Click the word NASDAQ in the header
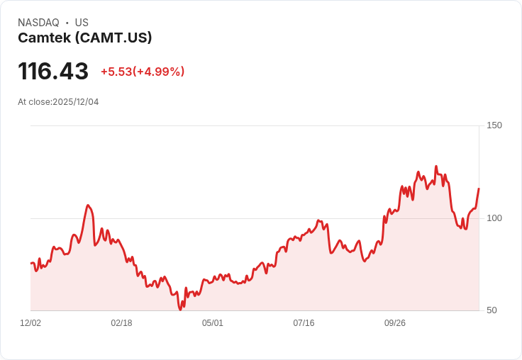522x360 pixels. [x=38, y=23]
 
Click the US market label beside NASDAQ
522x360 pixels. [x=82, y=23]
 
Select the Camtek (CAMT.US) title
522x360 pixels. [x=85, y=38]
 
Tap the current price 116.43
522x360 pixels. [x=53, y=72]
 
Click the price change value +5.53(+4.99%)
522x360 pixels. [x=143, y=72]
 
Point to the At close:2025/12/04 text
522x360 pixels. [x=58, y=102]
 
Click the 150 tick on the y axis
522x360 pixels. [x=494, y=125]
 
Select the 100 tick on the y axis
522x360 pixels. [x=494, y=218]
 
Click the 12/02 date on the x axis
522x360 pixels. [x=30, y=323]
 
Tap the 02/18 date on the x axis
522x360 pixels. [x=121, y=323]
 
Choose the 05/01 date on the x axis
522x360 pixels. [x=213, y=323]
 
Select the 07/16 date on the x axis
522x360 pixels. [x=304, y=323]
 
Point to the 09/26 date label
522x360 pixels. [x=395, y=323]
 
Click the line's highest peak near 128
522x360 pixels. [x=436, y=167]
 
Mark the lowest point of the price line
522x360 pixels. [x=181, y=309]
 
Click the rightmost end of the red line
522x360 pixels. [x=479, y=189]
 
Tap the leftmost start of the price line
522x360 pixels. [x=30, y=263]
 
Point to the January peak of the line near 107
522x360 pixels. [x=88, y=206]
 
